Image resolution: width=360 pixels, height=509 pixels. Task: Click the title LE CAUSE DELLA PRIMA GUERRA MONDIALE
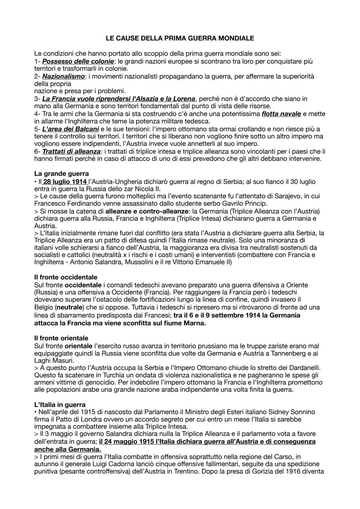[180, 38]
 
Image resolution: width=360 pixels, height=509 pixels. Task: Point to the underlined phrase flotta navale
[281, 114]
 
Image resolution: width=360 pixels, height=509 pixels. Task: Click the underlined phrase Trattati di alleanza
[71, 151]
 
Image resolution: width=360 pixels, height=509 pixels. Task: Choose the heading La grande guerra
[61, 174]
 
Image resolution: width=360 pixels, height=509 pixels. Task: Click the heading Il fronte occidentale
[66, 277]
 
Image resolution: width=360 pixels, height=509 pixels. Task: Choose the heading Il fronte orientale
[61, 338]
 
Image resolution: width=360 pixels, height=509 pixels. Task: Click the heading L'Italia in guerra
[60, 405]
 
